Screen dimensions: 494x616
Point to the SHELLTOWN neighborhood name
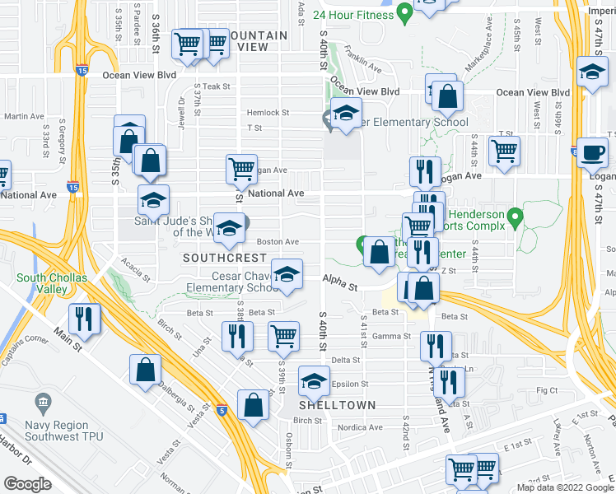338,405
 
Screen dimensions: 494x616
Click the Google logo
27,484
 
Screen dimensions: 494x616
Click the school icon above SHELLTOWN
312,380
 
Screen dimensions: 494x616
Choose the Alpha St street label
340,287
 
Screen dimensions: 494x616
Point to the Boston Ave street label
278,242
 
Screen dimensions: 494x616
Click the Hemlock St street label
268,113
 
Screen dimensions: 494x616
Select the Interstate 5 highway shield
221,409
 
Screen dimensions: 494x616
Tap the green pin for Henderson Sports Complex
516,217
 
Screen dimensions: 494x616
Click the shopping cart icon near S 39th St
283,334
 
